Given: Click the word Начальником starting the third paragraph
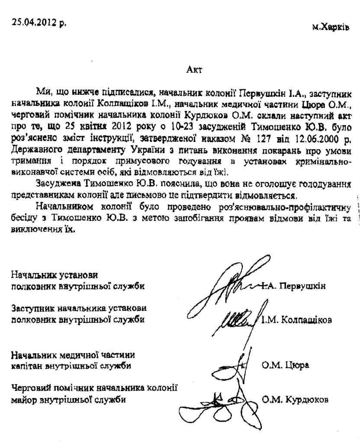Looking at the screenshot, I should (62, 205).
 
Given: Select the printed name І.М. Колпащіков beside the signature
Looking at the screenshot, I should (297, 321).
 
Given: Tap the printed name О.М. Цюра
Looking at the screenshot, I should (285, 365).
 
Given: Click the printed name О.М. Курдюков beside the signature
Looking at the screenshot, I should (295, 399).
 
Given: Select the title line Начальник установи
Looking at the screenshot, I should (54, 275).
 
